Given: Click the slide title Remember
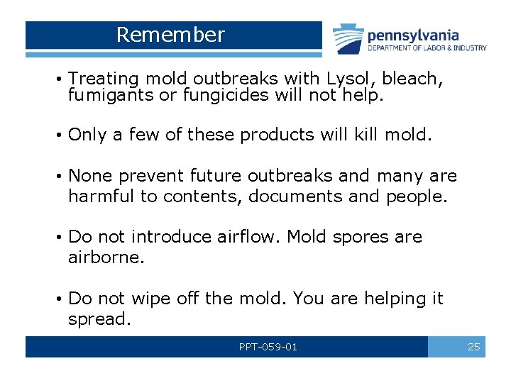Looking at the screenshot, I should [170, 35].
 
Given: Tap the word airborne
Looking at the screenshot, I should [106, 257].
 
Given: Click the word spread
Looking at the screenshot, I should [99, 319].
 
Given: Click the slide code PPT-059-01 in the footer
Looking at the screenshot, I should [268, 347].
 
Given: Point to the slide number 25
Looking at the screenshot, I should [473, 347].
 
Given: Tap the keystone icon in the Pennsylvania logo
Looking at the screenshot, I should [348, 40].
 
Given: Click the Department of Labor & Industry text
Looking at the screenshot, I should [427, 48].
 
